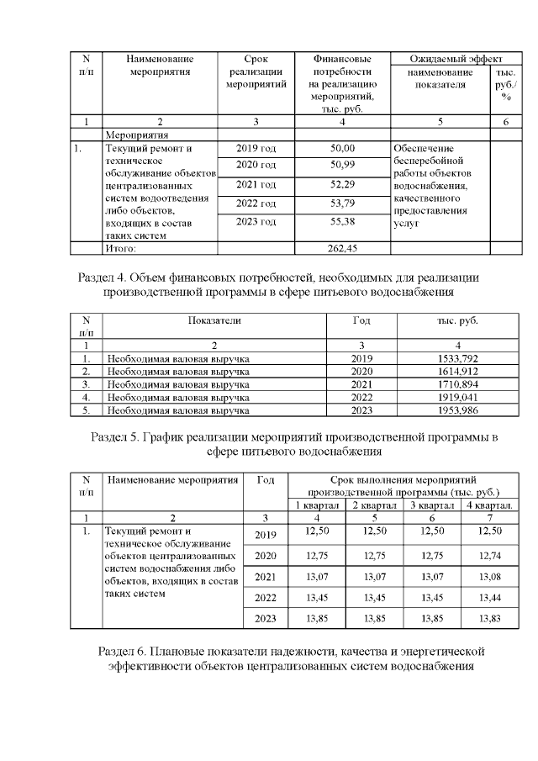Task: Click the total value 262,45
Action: [x=341, y=248]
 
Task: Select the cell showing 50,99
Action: [x=341, y=164]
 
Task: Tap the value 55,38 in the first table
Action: [x=341, y=221]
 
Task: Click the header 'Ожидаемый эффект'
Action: [x=456, y=60]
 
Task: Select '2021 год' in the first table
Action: [x=256, y=184]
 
